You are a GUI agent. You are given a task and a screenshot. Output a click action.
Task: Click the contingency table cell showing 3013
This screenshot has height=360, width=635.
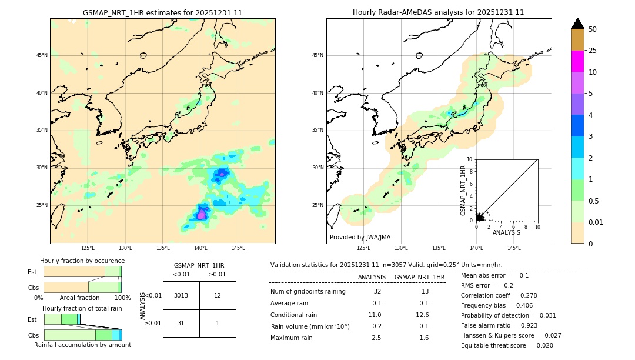point(181,295)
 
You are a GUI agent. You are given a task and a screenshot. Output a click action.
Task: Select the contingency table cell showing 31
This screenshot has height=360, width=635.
point(181,323)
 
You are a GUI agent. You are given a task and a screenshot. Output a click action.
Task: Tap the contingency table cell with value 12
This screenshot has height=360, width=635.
point(218,295)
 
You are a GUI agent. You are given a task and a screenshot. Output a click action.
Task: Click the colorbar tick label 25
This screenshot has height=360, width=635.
point(593,51)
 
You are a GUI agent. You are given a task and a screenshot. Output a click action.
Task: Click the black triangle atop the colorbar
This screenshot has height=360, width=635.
point(578,24)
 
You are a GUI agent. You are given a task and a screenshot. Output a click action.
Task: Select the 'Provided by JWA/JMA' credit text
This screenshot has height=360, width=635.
point(360,237)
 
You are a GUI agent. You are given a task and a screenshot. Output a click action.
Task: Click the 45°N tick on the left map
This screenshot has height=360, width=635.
point(42,55)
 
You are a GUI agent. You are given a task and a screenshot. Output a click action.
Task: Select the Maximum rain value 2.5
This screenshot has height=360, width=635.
point(376,338)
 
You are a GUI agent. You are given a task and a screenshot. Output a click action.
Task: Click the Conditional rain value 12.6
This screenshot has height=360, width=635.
point(423,315)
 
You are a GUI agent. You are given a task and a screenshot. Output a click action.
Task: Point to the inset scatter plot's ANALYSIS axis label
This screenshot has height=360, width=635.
point(506,232)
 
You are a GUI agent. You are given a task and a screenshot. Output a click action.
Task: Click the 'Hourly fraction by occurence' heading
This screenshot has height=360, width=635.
point(82,261)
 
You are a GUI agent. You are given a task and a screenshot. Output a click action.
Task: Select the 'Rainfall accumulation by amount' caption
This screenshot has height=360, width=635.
point(82,345)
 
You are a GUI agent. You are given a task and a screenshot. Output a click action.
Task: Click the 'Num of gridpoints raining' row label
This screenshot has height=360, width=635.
point(308,291)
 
